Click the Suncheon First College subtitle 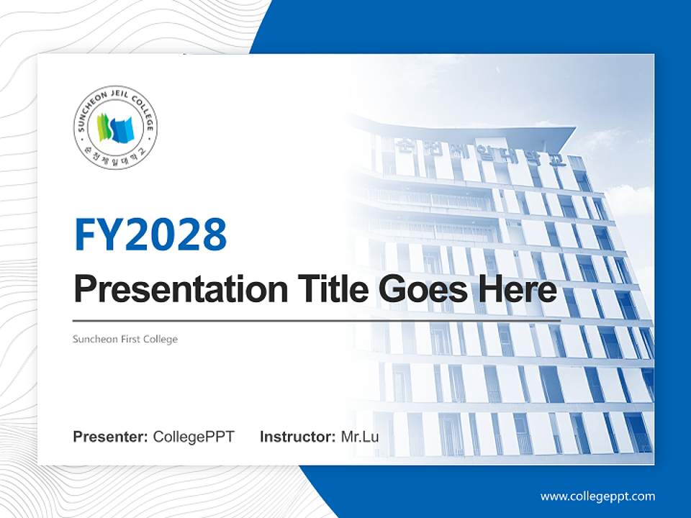coord(125,339)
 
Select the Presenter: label coord(111,437)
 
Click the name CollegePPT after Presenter coord(194,437)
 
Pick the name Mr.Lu coord(359,437)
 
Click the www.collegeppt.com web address coord(597,496)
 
